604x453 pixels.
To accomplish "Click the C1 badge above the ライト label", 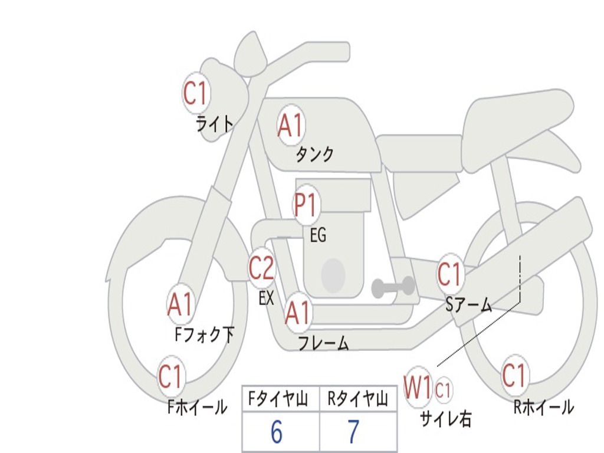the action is pyautogui.click(x=196, y=93).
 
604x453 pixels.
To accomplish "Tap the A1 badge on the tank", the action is pyautogui.click(x=290, y=125).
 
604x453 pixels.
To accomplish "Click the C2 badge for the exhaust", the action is pyautogui.click(x=261, y=268).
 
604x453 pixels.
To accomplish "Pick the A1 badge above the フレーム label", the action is pyautogui.click(x=297, y=313).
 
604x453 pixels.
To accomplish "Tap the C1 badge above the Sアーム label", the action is pyautogui.click(x=450, y=274).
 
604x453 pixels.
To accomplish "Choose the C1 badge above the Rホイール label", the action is pyautogui.click(x=514, y=375).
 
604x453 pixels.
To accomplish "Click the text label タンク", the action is pyautogui.click(x=314, y=155).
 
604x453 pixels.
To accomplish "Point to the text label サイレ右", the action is pyautogui.click(x=445, y=419).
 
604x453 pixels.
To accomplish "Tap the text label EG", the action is pyautogui.click(x=318, y=235).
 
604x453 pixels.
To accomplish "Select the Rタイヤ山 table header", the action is pyautogui.click(x=357, y=401).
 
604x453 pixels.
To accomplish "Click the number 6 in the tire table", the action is pyautogui.click(x=277, y=432).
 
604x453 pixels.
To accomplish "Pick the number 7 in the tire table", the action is pyautogui.click(x=353, y=432).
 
